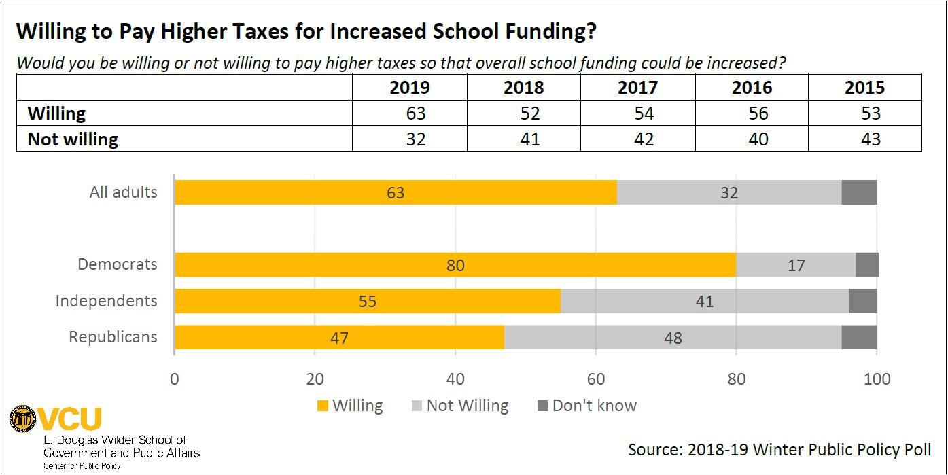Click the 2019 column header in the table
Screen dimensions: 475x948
click(410, 88)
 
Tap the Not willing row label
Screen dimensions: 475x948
click(73, 139)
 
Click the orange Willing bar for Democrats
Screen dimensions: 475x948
click(455, 265)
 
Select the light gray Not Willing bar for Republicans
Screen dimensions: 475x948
click(673, 338)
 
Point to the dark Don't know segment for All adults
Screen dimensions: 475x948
click(859, 192)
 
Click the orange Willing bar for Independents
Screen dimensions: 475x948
click(367, 301)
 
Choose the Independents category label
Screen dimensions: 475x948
click(106, 301)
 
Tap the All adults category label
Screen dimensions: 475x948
click(123, 192)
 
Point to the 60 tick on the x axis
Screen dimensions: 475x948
click(595, 379)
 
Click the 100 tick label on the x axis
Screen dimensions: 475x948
click(877, 379)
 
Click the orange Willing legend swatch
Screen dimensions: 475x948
click(323, 406)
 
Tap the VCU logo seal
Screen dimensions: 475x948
click(23, 419)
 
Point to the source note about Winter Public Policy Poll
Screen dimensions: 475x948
click(779, 450)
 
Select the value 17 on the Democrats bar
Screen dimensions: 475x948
click(795, 265)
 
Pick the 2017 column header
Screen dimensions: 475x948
click(637, 88)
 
